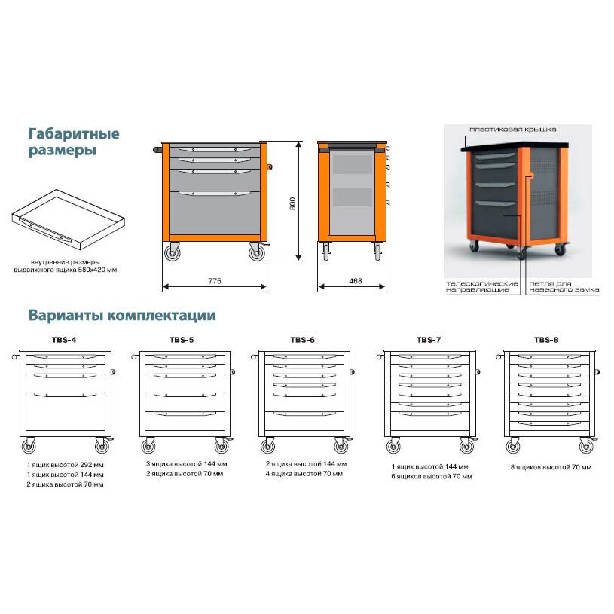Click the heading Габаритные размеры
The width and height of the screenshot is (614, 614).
coord(74,142)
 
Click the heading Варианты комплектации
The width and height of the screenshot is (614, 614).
coord(122,314)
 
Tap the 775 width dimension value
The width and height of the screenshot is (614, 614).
coord(215,281)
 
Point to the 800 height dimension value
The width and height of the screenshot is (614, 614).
coord(294,202)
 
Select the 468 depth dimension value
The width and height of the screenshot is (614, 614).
coord(356,281)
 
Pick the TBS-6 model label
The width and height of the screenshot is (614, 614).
coord(302,340)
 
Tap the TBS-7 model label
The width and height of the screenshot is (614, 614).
coord(428,340)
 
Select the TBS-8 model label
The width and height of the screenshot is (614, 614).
coord(546,340)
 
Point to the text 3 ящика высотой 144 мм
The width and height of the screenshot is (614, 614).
coord(186,464)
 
